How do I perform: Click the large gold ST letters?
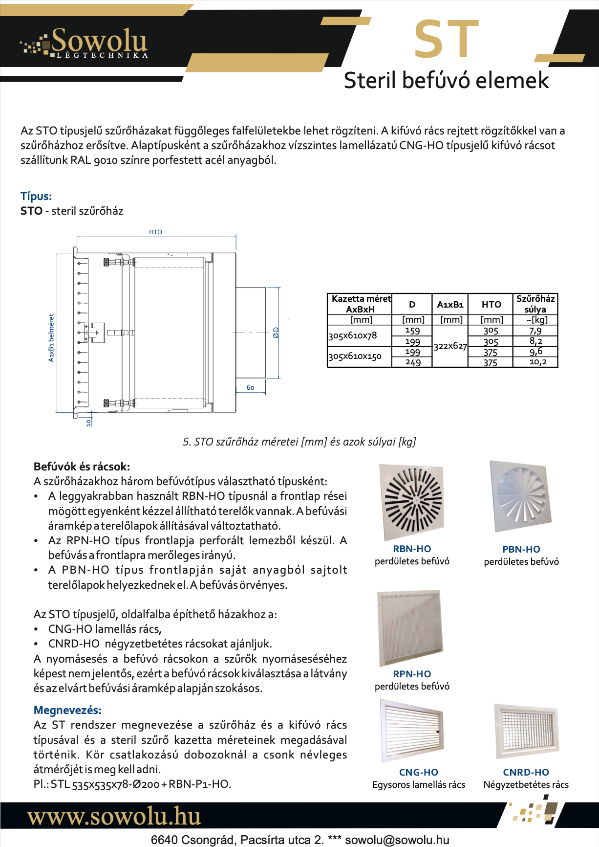click(446, 39)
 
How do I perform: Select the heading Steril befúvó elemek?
click(446, 80)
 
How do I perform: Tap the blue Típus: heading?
click(36, 196)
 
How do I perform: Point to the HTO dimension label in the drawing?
click(155, 232)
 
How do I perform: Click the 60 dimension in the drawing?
click(250, 387)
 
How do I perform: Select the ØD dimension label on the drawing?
click(276, 333)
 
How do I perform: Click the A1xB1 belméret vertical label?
click(51, 338)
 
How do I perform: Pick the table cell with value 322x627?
click(450, 346)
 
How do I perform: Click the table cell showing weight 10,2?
click(537, 362)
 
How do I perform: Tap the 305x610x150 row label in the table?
click(355, 357)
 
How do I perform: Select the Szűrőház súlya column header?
click(535, 304)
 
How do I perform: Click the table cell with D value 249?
click(412, 362)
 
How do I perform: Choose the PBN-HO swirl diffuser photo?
click(521, 497)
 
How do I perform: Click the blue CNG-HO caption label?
click(418, 772)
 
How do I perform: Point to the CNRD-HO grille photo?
click(526, 730)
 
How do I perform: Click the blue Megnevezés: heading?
click(67, 710)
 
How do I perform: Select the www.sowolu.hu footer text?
click(114, 817)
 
